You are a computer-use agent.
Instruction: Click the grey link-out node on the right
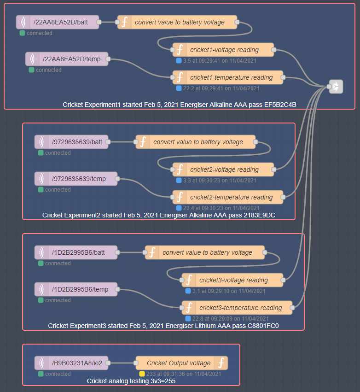pyautogui.click(x=336, y=87)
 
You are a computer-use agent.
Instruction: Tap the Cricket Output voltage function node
pyautogui.click(x=182, y=363)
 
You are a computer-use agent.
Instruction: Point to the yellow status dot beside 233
pyautogui.click(x=142, y=374)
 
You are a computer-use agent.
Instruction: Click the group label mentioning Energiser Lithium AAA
pyautogui.click(x=163, y=326)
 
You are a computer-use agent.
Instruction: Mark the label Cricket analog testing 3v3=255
pyautogui.click(x=131, y=381)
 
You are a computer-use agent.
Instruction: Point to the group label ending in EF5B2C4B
pyautogui.click(x=179, y=105)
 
